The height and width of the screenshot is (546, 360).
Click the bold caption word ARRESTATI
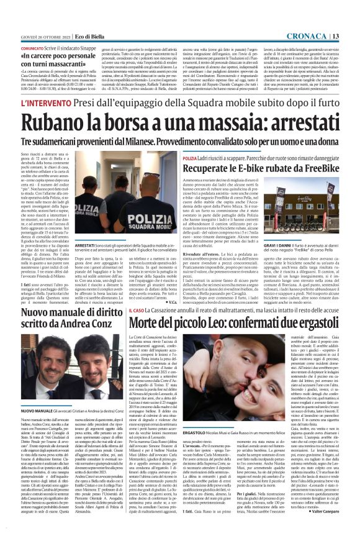click(x=88, y=245)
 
